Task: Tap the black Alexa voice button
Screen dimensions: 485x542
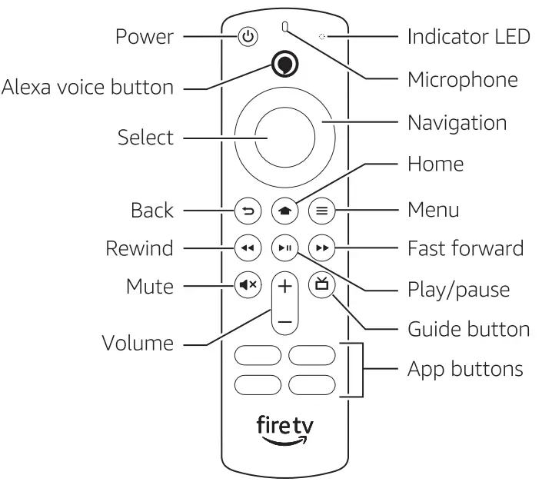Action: point(285,68)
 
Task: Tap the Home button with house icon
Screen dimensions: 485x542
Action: point(284,210)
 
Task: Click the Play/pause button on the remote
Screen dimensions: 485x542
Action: point(284,247)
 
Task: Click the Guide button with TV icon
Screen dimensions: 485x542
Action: point(319,285)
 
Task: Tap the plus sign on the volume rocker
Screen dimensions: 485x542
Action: point(284,287)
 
